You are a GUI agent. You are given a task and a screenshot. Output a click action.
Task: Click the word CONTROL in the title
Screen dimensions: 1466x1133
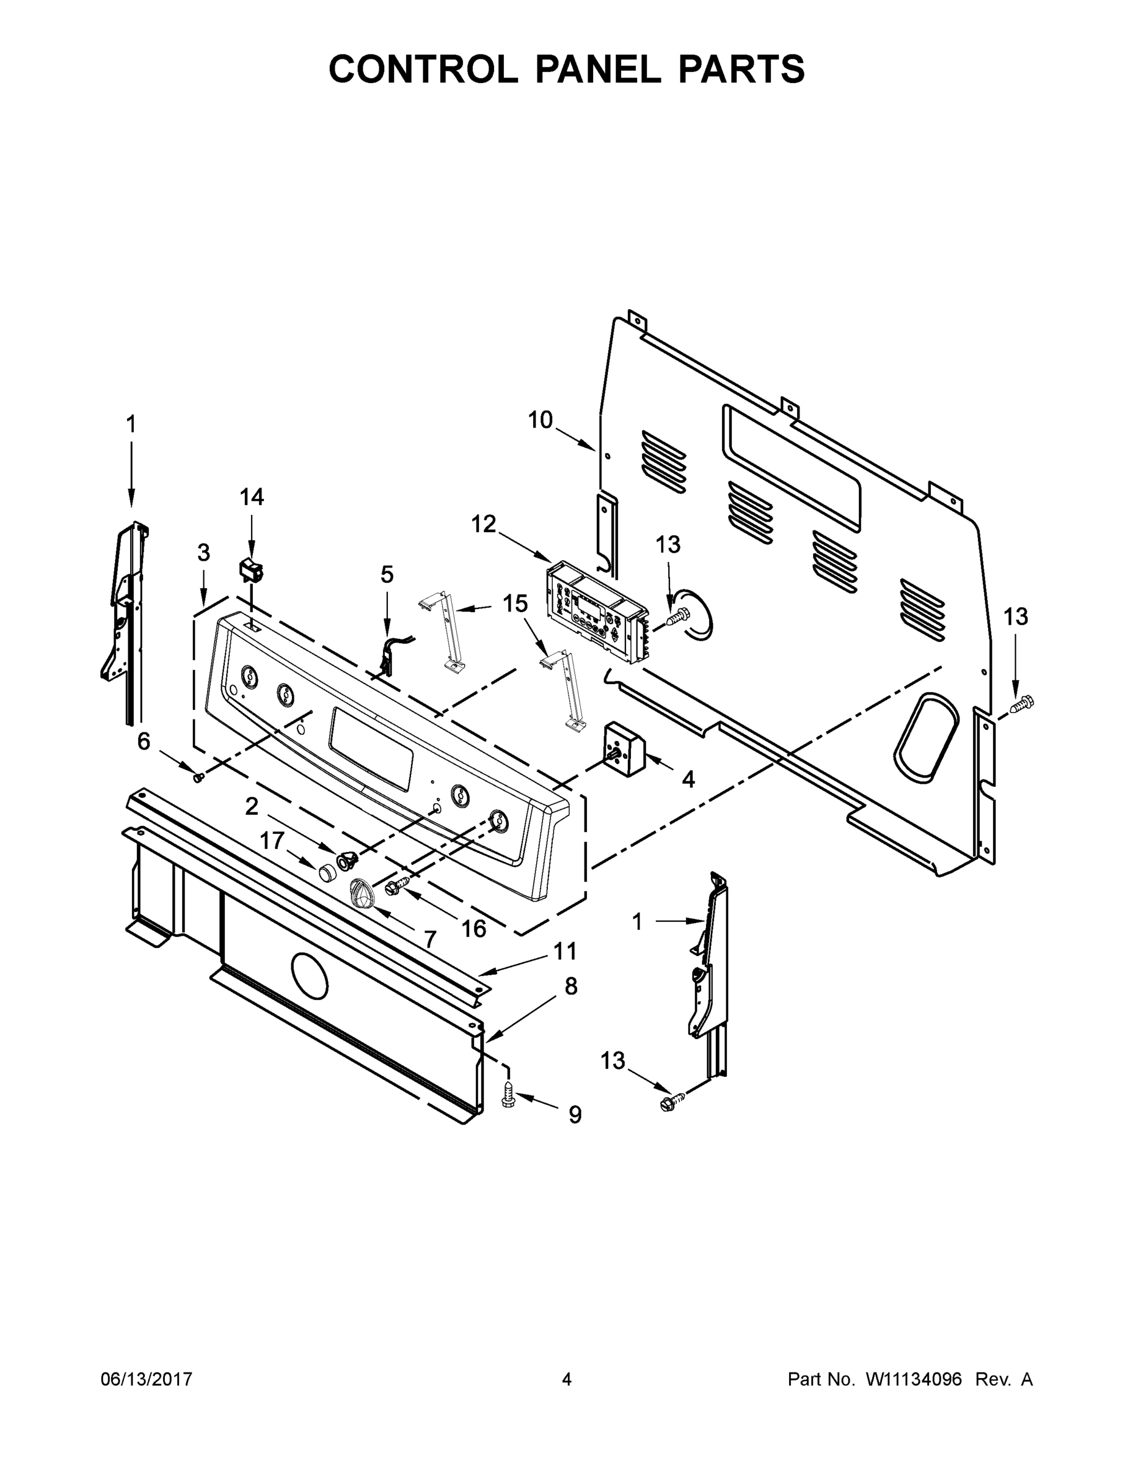click(423, 69)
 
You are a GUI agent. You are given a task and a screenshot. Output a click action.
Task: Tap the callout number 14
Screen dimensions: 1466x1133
click(252, 497)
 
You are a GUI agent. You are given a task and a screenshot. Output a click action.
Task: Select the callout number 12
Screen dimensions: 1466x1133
click(483, 524)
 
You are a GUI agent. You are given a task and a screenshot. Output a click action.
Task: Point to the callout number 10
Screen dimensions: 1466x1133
click(541, 420)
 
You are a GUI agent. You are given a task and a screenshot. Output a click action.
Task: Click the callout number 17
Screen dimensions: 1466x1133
click(272, 841)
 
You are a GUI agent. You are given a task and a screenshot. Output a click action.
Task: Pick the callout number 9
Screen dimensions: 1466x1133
click(575, 1115)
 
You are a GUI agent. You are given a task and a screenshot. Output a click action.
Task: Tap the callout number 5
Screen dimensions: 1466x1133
click(387, 575)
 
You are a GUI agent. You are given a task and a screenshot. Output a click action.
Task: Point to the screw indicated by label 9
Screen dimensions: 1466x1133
click(508, 1094)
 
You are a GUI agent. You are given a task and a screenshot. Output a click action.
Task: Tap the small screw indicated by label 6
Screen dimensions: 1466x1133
click(199, 778)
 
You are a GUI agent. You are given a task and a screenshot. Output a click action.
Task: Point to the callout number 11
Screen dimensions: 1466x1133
click(565, 950)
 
